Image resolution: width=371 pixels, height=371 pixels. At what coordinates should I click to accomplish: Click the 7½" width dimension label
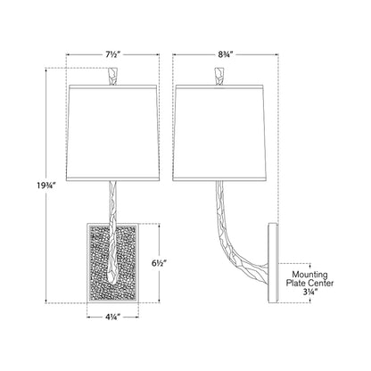click(x=112, y=54)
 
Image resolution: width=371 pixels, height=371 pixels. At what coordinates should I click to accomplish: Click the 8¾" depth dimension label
click(x=225, y=54)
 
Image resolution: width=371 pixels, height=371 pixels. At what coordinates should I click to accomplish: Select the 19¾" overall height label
click(x=46, y=185)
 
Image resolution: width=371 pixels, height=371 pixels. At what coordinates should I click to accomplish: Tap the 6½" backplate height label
click(x=160, y=263)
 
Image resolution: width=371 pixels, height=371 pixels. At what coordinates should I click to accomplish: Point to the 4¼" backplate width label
click(x=112, y=317)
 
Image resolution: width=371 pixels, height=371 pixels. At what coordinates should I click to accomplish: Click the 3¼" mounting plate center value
click(x=310, y=292)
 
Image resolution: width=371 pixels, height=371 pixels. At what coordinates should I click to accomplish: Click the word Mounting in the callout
click(x=309, y=275)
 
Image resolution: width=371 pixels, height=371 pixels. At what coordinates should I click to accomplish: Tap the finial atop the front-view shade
click(x=113, y=77)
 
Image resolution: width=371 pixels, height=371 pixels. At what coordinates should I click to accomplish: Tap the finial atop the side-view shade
click(x=219, y=77)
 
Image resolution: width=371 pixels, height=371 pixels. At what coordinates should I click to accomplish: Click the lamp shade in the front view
click(x=112, y=133)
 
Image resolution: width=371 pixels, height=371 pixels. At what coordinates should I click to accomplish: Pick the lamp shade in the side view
click(x=219, y=133)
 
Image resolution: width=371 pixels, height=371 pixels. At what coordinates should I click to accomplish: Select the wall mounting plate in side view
click(x=273, y=263)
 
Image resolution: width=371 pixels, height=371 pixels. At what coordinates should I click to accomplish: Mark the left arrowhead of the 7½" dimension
click(x=68, y=54)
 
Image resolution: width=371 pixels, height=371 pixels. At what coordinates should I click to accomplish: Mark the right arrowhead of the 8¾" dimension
click(x=276, y=54)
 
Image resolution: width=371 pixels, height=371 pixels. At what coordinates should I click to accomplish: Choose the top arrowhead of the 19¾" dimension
click(x=46, y=70)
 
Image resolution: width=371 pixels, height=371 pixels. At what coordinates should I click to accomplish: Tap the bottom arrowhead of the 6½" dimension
click(x=160, y=301)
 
